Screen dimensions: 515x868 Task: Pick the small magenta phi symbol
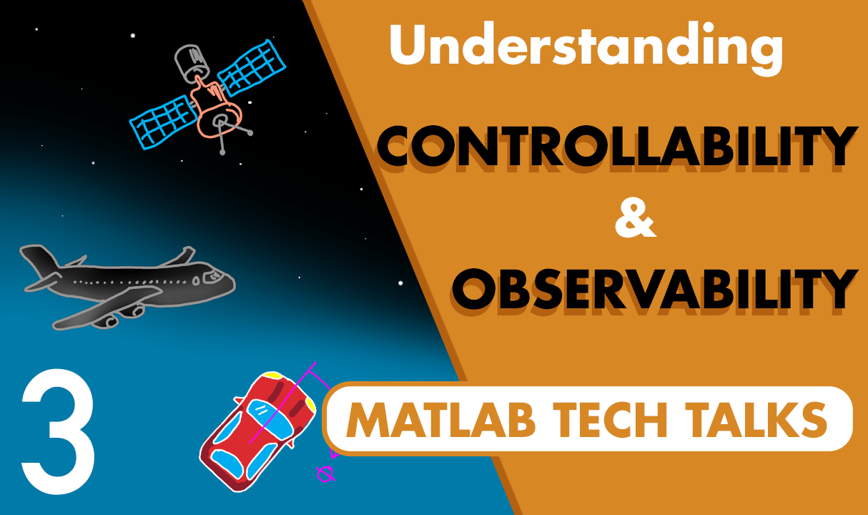pyautogui.click(x=325, y=473)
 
